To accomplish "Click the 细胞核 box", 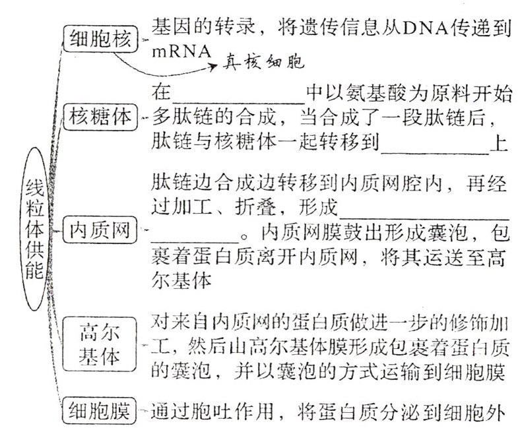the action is [101, 40].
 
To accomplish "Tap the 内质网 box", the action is [100, 232].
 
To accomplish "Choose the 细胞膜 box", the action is [100, 413].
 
